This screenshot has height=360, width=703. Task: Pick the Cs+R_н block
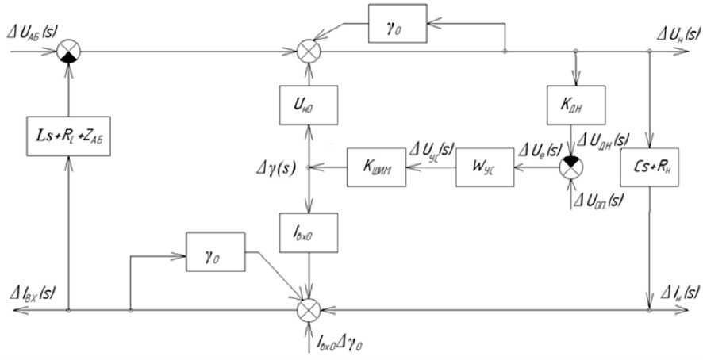tap(650, 167)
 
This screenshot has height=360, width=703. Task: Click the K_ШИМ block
tap(375, 167)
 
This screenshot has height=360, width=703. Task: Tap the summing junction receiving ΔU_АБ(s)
tap(70, 52)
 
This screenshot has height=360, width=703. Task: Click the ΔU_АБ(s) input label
tap(35, 32)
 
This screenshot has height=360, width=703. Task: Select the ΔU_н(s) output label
tap(671, 35)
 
